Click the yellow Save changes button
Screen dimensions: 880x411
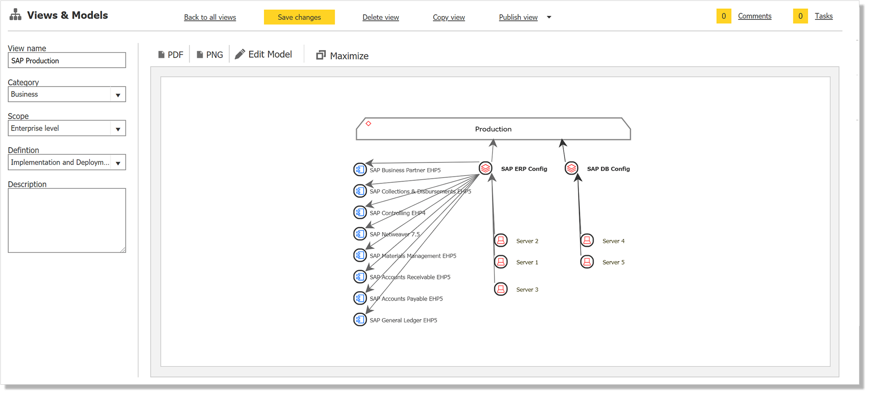point(299,17)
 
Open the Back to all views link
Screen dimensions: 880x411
point(210,17)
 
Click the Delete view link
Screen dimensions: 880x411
point(380,17)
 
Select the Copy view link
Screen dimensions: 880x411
point(449,17)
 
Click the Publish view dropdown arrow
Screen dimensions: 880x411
point(549,17)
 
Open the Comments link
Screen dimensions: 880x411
point(755,16)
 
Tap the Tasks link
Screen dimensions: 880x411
point(824,16)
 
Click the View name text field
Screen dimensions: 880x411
point(67,60)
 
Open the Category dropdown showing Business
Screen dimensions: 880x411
point(67,94)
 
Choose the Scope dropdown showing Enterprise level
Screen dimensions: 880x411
point(67,128)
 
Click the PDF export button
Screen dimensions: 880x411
point(171,55)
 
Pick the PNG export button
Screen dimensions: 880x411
point(210,55)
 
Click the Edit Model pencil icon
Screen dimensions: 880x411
point(240,54)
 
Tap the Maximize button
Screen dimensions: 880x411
point(342,55)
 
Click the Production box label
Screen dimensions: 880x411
point(493,129)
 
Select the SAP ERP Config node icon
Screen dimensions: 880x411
point(486,168)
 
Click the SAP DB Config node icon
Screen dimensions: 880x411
point(572,168)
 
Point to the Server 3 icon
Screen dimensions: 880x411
point(501,289)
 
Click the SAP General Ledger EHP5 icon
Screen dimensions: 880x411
point(360,320)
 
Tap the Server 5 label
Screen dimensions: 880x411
point(614,262)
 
